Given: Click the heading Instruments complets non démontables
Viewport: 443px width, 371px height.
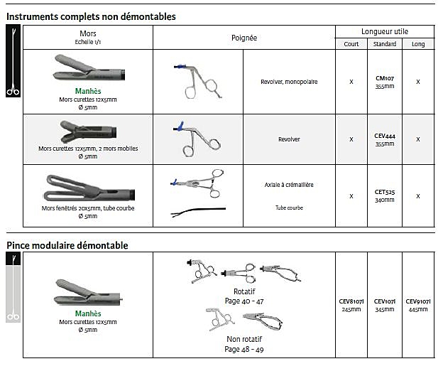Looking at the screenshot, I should pos(91,16).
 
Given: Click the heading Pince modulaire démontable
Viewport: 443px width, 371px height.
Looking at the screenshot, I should pos(67,245).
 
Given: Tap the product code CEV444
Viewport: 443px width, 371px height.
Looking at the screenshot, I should pos(385,134).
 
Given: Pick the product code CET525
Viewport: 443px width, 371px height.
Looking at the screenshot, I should pos(385,191).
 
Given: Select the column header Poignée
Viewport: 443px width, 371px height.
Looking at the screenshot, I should pos(244,37).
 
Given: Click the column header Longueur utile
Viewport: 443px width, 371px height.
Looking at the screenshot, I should pos(384,31).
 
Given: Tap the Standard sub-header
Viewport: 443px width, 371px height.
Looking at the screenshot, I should pos(385,44).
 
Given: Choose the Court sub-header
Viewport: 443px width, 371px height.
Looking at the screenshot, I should pos(351,44).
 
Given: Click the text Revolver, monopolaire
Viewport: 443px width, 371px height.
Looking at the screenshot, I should pos(289,82).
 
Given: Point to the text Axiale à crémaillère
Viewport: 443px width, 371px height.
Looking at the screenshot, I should pos(289,185).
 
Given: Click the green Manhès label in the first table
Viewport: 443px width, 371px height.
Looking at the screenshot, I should pos(88,91).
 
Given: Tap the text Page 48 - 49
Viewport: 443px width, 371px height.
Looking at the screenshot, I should pos(244,349).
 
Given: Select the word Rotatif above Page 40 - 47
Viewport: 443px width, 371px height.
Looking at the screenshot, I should pos(244,291).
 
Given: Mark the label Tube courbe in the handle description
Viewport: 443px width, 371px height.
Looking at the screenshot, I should pos(289,208).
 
